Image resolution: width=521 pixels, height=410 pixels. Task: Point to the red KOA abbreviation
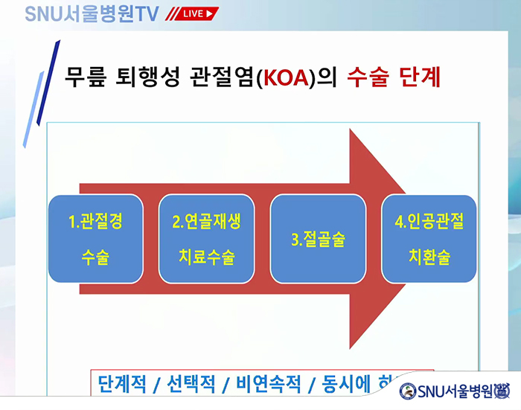click(x=284, y=77)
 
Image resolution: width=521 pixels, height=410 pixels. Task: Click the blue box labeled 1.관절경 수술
click(x=95, y=239)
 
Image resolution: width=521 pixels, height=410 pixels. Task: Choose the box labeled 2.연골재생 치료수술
click(x=206, y=239)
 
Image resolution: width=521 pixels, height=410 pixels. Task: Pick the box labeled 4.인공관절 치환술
click(x=429, y=239)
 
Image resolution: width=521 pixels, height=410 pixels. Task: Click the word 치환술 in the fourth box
click(x=429, y=257)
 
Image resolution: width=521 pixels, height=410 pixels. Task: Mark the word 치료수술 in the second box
click(x=206, y=257)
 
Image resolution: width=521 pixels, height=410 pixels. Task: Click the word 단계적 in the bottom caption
click(x=124, y=384)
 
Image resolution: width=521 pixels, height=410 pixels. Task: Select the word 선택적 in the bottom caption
click(x=189, y=384)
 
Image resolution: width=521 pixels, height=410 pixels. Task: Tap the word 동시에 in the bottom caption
click(x=345, y=384)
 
